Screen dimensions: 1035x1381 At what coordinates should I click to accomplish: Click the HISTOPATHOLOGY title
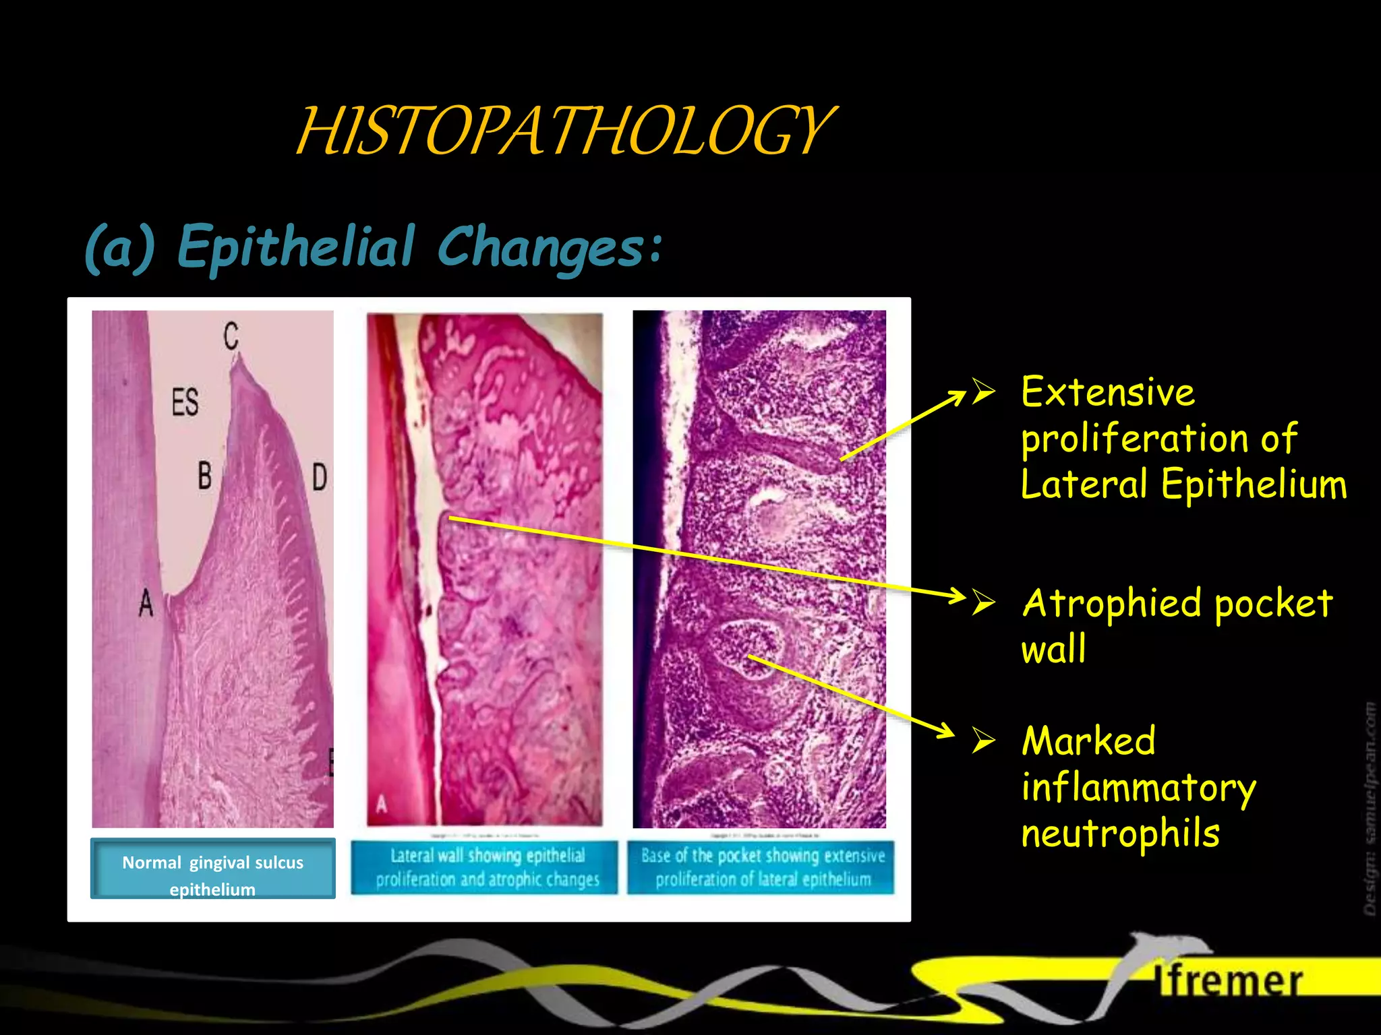pos(565,131)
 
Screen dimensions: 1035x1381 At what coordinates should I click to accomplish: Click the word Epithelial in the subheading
pos(296,247)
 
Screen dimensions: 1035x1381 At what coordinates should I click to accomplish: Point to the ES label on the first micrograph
pos(185,402)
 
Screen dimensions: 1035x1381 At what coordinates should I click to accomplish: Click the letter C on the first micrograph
pos(231,336)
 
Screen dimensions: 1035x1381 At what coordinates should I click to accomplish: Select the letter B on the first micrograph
pos(204,475)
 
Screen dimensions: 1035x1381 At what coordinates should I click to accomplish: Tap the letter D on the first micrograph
pos(319,477)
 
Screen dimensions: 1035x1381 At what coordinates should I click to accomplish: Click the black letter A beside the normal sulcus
pos(146,602)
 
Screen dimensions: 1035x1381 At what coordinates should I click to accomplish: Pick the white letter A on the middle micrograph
pos(382,803)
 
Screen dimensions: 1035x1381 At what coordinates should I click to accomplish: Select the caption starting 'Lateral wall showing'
pos(487,867)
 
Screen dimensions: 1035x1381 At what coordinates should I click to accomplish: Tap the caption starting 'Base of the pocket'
pos(763,867)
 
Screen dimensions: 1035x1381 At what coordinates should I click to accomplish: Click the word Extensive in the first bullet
pos(1107,392)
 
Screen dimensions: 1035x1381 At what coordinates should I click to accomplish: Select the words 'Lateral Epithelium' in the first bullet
pos(1183,484)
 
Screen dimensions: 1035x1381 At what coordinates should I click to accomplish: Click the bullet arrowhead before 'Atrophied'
pos(984,601)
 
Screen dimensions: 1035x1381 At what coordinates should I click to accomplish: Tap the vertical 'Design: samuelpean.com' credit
pos(1369,809)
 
